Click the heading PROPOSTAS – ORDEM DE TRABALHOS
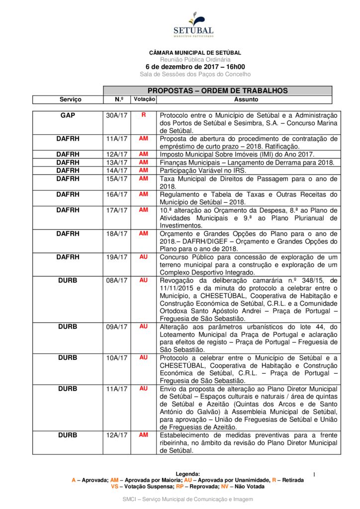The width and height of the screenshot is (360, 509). tap(217, 90)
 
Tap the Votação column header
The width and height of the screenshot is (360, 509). tap(144, 99)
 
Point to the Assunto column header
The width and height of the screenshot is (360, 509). tap(246, 99)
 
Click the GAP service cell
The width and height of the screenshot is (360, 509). tap(68, 115)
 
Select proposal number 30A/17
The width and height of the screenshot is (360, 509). tap(117, 115)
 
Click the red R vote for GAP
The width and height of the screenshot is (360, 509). tap(144, 115)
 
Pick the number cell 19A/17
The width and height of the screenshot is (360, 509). tap(117, 257)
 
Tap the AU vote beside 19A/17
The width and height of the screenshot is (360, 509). tap(144, 257)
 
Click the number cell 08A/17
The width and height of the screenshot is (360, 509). tap(117, 280)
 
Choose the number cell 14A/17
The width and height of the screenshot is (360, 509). tap(117, 170)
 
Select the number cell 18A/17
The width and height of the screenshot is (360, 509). tap(117, 234)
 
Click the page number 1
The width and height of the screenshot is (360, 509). tap(314, 475)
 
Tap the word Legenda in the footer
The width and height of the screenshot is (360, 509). tap(187, 474)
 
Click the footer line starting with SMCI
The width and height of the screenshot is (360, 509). tap(187, 499)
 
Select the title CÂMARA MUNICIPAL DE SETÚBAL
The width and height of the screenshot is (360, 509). tap(195, 52)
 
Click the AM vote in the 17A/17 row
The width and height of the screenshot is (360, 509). tap(144, 210)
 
